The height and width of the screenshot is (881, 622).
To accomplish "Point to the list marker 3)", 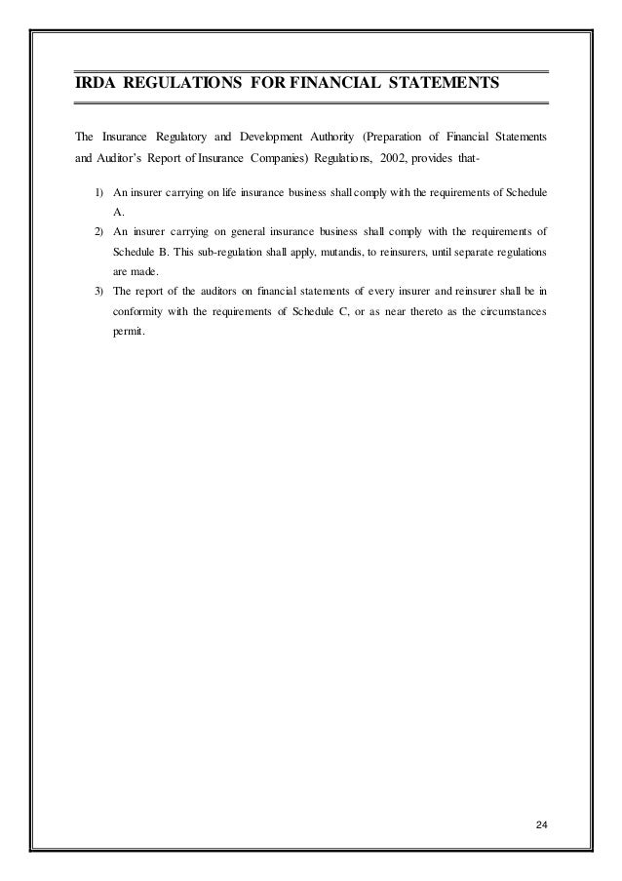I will [x=99, y=290].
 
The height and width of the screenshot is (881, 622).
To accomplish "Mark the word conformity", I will [x=133, y=311].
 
